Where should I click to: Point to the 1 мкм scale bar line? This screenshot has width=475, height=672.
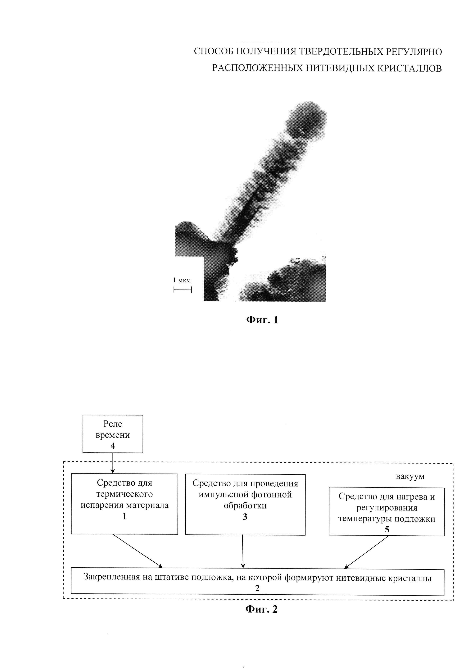183,290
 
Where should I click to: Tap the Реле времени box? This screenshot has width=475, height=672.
113,434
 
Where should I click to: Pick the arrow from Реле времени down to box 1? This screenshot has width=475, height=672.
113,463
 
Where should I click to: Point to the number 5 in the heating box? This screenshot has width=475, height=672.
387,529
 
